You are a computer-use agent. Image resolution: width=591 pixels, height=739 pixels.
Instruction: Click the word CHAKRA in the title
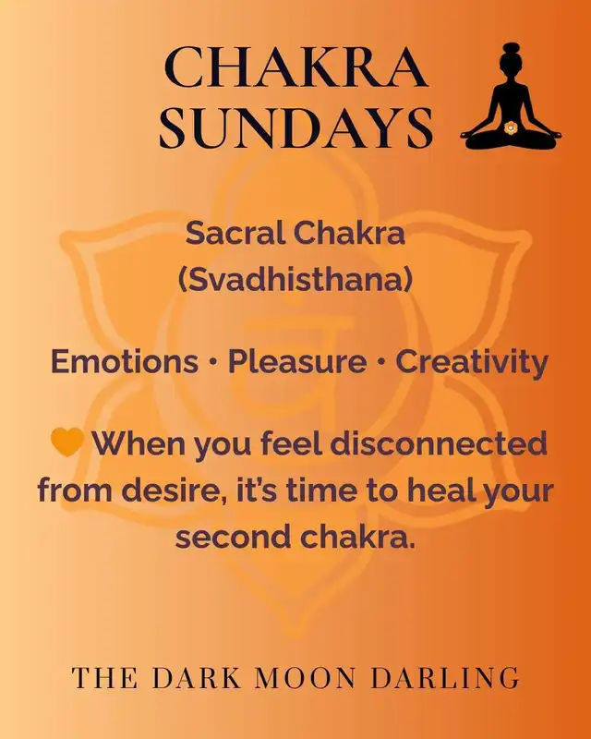pos(296,67)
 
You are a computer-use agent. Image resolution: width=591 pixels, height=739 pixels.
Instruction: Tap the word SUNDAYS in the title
pos(296,127)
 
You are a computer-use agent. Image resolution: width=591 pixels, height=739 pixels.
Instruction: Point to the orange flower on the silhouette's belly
pos(510,127)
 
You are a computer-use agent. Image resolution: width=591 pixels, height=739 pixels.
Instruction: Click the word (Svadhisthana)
pos(295,279)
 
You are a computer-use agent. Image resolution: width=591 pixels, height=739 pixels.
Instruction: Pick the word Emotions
pos(125,361)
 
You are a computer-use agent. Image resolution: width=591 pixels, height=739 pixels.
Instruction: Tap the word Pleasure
pos(297,361)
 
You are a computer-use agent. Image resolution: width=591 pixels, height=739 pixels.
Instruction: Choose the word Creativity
pos(472,363)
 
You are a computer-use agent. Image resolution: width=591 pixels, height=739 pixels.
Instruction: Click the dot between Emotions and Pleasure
pos(213,362)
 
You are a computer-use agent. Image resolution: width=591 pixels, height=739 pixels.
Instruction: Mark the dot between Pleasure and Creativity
pos(380,362)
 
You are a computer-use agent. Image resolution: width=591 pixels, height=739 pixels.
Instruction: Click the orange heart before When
pos(66,442)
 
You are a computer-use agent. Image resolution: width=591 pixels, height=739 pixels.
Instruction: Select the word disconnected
pos(439,443)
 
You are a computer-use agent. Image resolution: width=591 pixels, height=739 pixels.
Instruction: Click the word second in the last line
pos(234,537)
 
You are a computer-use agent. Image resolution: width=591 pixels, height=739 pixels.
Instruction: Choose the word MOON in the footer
pos(305,678)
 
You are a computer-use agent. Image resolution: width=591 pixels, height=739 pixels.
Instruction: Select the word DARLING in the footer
pos(445,678)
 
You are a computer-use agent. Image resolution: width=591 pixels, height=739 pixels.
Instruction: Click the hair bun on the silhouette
pos(511,50)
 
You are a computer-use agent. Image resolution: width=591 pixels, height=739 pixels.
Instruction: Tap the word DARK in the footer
pos(197,678)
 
